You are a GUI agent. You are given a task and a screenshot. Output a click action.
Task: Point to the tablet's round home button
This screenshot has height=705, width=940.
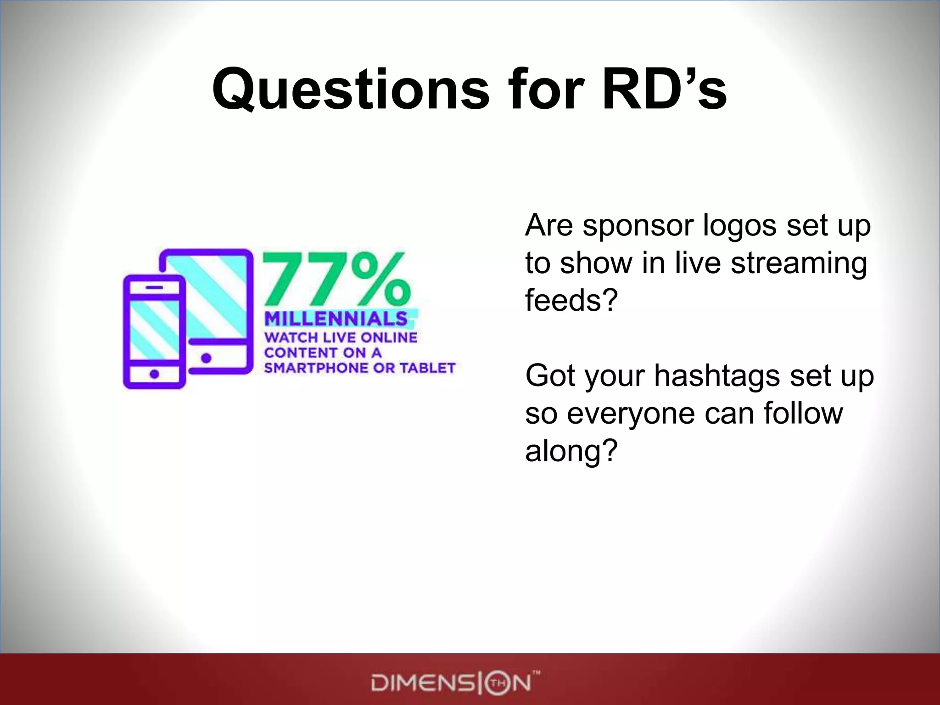[206, 358]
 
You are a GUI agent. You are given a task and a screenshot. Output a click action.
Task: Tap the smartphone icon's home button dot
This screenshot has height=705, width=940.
[154, 374]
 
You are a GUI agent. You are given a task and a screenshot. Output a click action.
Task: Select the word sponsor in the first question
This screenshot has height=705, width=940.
[640, 226]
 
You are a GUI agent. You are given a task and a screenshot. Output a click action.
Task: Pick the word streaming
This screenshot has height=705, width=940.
[799, 263]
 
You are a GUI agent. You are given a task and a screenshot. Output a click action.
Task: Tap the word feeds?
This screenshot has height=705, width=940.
[571, 300]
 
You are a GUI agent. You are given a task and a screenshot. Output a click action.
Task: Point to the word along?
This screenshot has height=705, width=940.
[571, 451]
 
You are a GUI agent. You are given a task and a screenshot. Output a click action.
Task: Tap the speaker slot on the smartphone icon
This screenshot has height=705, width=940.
[154, 287]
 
